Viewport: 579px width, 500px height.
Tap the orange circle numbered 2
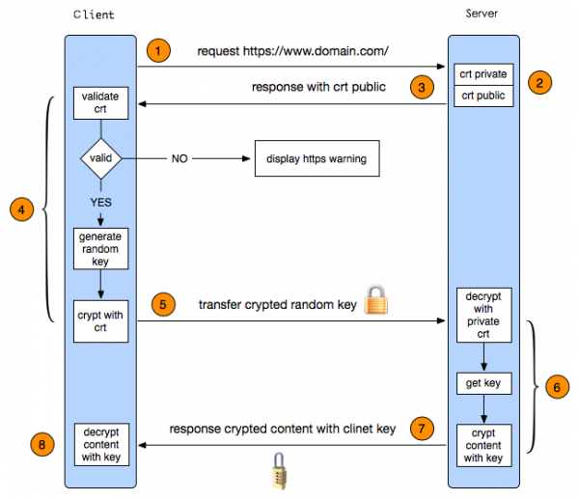[x=541, y=83]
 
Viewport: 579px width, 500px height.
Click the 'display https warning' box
[x=317, y=159]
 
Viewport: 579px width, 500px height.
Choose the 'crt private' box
[x=483, y=74]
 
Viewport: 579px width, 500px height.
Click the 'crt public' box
[x=483, y=96]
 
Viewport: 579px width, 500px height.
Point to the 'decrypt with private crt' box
[x=483, y=314]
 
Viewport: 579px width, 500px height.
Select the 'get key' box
[x=483, y=383]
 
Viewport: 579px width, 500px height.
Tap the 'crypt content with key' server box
[x=483, y=445]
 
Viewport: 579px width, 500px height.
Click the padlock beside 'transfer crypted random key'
[x=376, y=300]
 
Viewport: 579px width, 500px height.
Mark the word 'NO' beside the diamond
[x=179, y=159]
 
